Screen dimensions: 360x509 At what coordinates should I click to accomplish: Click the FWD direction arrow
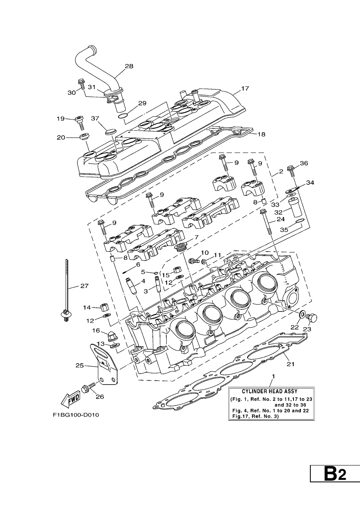tap(71, 399)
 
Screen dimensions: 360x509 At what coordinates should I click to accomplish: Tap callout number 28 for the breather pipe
tap(129, 66)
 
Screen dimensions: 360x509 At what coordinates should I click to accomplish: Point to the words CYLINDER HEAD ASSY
tap(269, 391)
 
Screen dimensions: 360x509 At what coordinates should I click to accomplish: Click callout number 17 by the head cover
tap(245, 88)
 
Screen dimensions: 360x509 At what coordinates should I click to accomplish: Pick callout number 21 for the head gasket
tap(291, 364)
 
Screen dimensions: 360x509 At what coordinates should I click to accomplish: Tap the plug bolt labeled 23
tap(312, 317)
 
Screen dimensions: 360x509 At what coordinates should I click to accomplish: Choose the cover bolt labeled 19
tap(79, 122)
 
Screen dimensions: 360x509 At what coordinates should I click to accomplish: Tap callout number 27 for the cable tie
tap(84, 286)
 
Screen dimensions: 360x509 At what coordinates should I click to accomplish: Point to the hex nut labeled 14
tap(104, 307)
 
